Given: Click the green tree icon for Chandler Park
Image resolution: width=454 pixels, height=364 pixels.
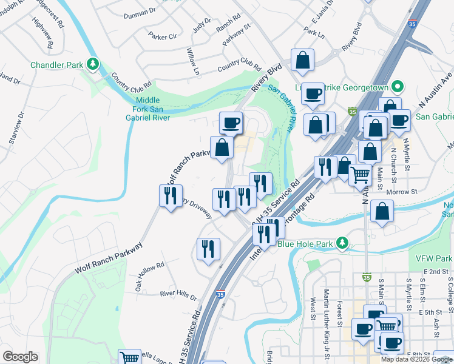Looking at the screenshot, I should click(x=92, y=63).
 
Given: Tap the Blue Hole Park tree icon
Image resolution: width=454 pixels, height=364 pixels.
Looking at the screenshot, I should click(x=342, y=244).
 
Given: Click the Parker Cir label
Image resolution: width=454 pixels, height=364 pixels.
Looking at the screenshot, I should click(x=162, y=36).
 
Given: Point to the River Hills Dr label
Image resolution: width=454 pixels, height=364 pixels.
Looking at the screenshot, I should click(x=178, y=295).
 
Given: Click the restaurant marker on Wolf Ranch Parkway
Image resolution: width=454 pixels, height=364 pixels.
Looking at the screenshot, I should click(x=170, y=195).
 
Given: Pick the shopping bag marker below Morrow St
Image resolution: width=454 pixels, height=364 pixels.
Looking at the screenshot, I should click(x=383, y=211).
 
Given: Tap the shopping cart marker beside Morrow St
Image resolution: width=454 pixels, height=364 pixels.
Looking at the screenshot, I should click(x=361, y=175).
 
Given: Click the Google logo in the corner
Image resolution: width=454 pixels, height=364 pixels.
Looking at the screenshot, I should click(x=20, y=357).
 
